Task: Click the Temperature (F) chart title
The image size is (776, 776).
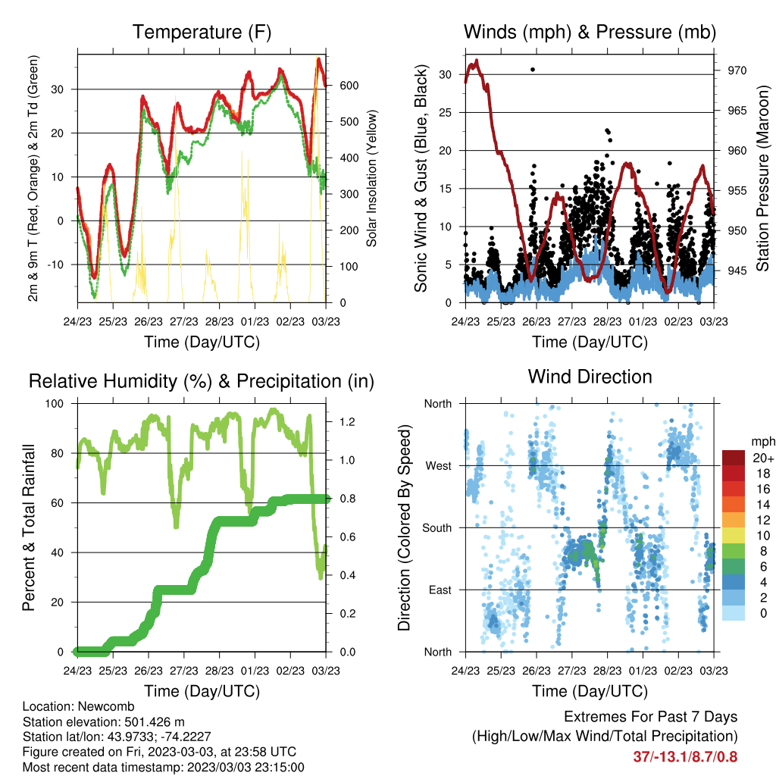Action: tap(202, 32)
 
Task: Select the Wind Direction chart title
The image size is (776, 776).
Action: tap(590, 377)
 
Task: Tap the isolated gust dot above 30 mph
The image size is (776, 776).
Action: tap(533, 70)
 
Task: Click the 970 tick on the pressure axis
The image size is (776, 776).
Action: tap(737, 70)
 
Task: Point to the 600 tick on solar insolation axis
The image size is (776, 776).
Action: tap(349, 86)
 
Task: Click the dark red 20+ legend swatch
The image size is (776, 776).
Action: tap(734, 458)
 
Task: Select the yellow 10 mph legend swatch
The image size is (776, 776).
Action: tap(734, 536)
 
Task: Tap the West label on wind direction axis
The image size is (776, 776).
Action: tap(439, 466)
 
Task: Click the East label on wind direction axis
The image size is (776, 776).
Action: tap(440, 590)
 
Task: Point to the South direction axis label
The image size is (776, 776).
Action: tap(437, 528)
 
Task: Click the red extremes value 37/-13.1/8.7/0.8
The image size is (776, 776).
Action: tap(685, 757)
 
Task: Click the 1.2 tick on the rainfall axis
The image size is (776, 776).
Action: tap(347, 422)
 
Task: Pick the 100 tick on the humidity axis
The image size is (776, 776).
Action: tap(55, 404)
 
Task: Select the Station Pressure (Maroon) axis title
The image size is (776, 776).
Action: tap(762, 178)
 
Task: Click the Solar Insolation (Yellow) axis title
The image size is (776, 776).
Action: tap(371, 178)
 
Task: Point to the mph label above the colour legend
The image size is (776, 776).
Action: tap(762, 442)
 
